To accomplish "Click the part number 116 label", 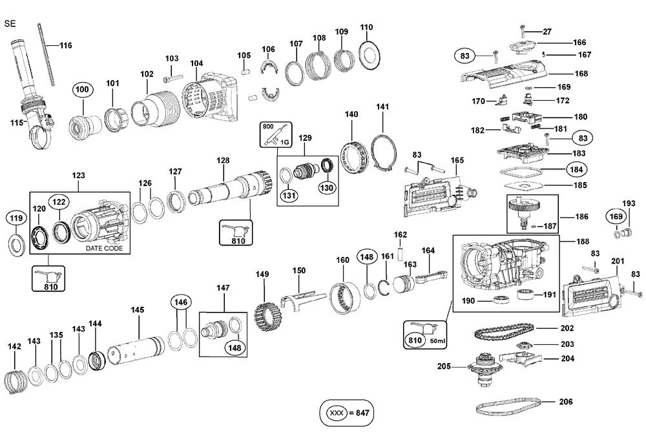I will [x=66, y=45].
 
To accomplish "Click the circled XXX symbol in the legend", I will [x=336, y=411].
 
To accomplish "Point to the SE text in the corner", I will [x=9, y=24].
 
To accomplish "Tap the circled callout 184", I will [x=575, y=170].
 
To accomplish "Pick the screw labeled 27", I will [x=523, y=30].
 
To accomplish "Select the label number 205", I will [x=444, y=366].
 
